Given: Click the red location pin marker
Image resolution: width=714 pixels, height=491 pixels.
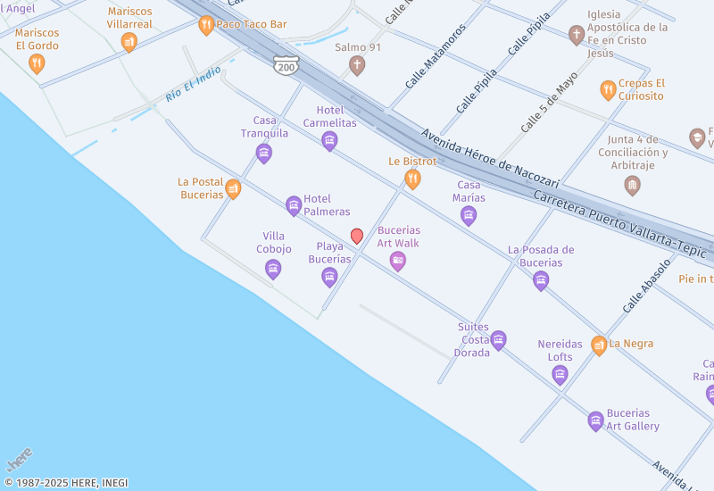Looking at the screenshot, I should (357, 236).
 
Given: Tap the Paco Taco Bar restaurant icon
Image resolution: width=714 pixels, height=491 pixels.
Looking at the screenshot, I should (206, 25).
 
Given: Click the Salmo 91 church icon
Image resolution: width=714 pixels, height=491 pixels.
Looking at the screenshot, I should (357, 64).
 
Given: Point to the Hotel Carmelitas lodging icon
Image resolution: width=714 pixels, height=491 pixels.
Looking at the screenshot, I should (329, 140).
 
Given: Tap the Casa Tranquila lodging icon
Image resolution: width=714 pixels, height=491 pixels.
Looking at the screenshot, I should (264, 154).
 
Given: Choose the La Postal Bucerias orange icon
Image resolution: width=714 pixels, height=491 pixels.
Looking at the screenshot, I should (233, 188).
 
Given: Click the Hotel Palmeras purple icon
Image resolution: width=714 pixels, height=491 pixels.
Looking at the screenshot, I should (294, 206).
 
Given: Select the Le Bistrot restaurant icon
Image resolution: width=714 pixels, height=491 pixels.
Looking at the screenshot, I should (412, 179).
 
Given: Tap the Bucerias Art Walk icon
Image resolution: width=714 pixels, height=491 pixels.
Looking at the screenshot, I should (398, 261).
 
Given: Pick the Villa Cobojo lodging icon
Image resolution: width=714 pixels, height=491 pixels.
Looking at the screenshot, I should (273, 269).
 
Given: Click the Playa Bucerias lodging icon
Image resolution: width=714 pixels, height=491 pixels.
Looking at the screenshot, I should (329, 277).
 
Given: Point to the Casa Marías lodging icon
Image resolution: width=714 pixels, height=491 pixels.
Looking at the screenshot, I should (469, 215).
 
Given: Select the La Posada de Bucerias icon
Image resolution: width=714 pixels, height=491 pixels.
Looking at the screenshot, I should (541, 280).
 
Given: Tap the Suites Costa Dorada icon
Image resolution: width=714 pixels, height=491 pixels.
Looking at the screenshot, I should (499, 340).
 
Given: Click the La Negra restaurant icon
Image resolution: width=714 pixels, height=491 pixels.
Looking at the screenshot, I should (599, 345).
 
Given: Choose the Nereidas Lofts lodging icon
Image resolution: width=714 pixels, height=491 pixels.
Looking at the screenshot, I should (560, 374).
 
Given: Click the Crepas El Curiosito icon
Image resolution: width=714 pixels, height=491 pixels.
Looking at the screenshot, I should (608, 89).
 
